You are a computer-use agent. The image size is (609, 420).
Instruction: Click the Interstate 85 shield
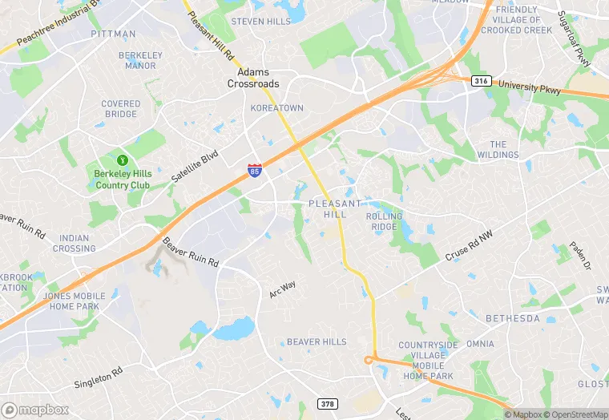[254, 170]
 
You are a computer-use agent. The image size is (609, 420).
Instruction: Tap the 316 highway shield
[481, 81]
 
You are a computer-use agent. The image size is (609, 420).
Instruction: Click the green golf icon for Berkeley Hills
[123, 161]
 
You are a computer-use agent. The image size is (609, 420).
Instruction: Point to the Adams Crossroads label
[252, 77]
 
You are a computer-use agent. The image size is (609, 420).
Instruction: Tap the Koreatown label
[276, 107]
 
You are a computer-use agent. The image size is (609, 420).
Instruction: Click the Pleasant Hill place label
[328, 209]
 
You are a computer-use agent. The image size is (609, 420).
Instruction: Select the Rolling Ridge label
[384, 221]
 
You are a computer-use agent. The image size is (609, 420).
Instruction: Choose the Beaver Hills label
[317, 341]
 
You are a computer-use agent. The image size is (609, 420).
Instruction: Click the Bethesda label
[513, 318]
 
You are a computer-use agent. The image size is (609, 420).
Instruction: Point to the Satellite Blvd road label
[194, 166]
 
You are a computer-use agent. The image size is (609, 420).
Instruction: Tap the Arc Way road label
[282, 289]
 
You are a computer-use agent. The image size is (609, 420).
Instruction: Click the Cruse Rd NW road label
[468, 247]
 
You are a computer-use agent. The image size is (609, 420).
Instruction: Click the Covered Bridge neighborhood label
[121, 109]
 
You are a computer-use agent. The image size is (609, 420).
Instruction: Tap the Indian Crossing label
[74, 243]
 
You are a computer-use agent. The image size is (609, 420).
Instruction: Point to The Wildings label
[498, 149]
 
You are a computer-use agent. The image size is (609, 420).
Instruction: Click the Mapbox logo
[35, 410]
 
